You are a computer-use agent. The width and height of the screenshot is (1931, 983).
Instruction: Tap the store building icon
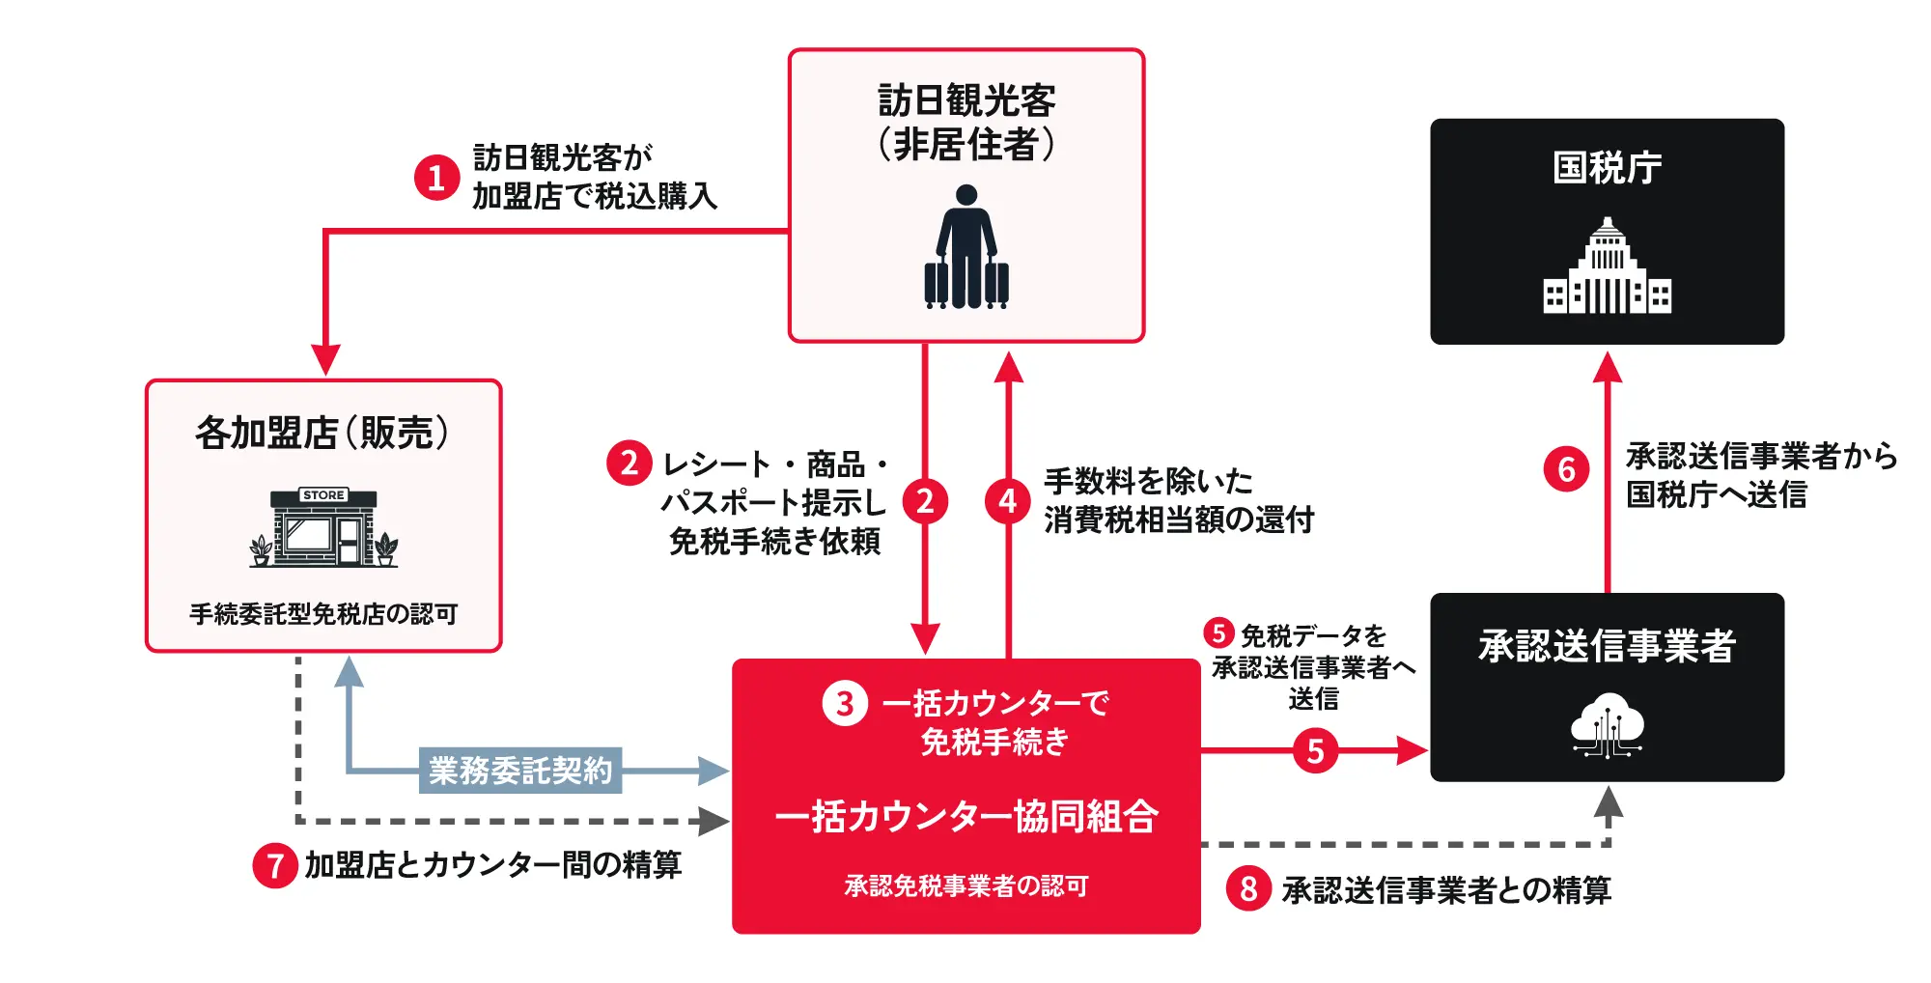click(323, 528)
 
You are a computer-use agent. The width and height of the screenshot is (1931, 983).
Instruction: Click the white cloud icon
click(1608, 724)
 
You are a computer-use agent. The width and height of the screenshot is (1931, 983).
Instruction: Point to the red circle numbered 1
click(436, 178)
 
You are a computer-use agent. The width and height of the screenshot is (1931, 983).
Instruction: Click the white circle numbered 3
click(845, 704)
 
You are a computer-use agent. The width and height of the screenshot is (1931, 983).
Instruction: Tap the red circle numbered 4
click(1008, 501)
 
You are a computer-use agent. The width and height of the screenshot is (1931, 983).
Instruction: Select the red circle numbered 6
click(1566, 469)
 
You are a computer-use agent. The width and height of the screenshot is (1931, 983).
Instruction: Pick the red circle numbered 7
click(275, 865)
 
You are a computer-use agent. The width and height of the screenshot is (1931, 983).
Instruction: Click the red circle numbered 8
click(1248, 888)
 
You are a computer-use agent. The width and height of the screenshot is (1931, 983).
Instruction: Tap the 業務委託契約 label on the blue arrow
click(520, 771)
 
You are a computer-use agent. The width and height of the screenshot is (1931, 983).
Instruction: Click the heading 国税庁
click(1608, 168)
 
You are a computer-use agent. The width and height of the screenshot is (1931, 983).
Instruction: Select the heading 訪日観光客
click(966, 100)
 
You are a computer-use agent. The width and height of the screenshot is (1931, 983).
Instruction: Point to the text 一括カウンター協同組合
click(966, 817)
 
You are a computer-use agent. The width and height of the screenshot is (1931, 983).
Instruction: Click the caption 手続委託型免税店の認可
click(323, 614)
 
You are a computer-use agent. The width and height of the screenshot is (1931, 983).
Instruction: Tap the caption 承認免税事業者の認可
click(966, 885)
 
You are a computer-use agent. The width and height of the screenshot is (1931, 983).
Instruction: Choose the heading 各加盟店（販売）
click(323, 433)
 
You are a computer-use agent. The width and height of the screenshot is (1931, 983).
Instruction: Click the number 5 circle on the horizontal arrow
click(1315, 750)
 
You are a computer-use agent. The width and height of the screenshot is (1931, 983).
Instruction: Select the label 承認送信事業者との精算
click(1446, 889)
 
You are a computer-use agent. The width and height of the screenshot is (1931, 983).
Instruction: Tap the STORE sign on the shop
click(323, 495)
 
